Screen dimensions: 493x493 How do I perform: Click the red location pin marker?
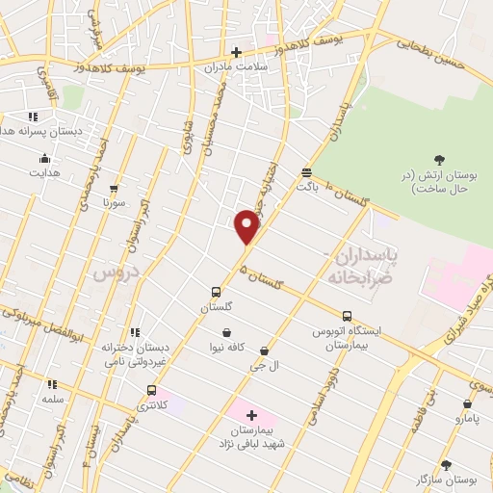point(248,228)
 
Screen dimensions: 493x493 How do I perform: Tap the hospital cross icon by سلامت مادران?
point(236,52)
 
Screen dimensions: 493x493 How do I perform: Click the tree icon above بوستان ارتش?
point(440,159)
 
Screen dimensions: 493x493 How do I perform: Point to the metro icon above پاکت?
point(306,172)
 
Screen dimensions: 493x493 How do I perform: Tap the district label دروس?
point(115,273)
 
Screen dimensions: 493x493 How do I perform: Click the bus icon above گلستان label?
point(217,292)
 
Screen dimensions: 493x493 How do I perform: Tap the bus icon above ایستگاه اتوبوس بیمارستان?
point(347,316)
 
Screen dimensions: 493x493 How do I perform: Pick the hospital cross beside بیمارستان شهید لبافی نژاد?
point(251,415)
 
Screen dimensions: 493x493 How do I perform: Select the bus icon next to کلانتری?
point(151,390)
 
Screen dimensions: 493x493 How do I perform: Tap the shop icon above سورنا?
point(115,189)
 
